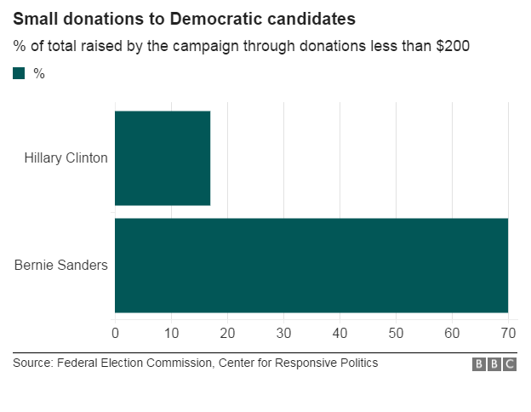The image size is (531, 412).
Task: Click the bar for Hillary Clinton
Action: (x=163, y=157)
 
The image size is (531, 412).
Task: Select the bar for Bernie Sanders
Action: (x=311, y=265)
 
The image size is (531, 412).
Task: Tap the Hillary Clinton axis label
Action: (x=66, y=158)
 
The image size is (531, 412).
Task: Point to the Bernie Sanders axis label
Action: (x=61, y=265)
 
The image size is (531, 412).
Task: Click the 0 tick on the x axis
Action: (x=115, y=332)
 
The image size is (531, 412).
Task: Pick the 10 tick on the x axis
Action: (x=171, y=332)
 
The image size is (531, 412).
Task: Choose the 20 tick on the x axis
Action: (x=227, y=332)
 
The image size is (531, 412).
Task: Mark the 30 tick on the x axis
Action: (x=283, y=332)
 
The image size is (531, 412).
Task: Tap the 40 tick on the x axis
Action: (x=340, y=332)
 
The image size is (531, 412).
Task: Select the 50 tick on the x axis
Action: (x=396, y=332)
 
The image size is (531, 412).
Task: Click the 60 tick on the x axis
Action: (x=452, y=332)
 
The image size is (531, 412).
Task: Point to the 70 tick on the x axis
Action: (x=508, y=332)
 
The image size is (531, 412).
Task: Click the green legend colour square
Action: (x=19, y=74)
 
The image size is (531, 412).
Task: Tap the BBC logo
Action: (x=494, y=364)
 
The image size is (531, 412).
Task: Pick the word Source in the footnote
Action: (x=32, y=363)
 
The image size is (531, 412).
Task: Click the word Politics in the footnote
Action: (x=357, y=363)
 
